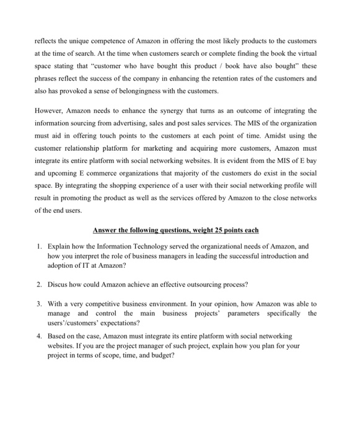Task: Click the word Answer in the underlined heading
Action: pos(107,230)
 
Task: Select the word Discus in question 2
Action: pos(59,285)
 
